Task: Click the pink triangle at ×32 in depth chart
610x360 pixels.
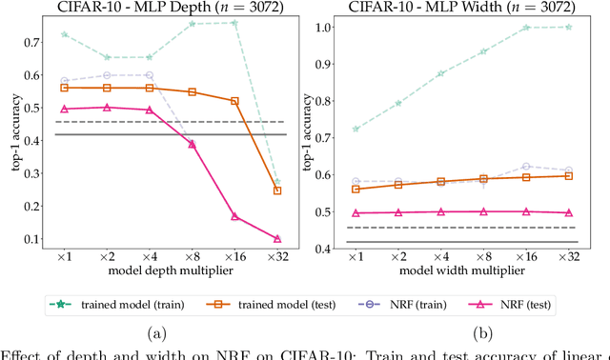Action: (277, 239)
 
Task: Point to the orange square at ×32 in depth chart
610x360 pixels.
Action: (277, 190)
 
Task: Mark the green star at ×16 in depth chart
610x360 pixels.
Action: (234, 23)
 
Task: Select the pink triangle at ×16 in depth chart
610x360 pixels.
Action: (234, 217)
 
